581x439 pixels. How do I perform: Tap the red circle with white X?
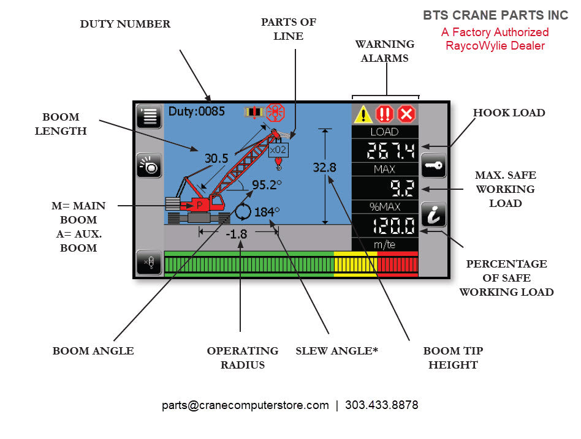[406, 114]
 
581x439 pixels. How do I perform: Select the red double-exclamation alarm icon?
[385, 114]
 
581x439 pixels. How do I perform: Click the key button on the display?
[433, 166]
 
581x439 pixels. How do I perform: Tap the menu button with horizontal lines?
[149, 116]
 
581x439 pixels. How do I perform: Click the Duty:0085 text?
[196, 112]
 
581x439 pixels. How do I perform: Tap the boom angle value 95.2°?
[266, 185]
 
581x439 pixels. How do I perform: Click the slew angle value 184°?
[266, 211]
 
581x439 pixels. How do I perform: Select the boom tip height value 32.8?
[324, 168]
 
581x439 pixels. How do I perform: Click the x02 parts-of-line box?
[278, 149]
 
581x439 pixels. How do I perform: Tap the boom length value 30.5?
[216, 159]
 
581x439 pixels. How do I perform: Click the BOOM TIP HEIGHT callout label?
[453, 358]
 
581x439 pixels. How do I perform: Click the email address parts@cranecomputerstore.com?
[245, 405]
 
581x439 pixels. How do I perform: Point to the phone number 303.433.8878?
[381, 405]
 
